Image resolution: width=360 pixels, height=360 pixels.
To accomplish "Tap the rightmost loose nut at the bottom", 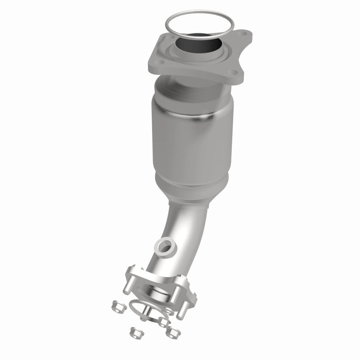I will (x=171, y=332).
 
